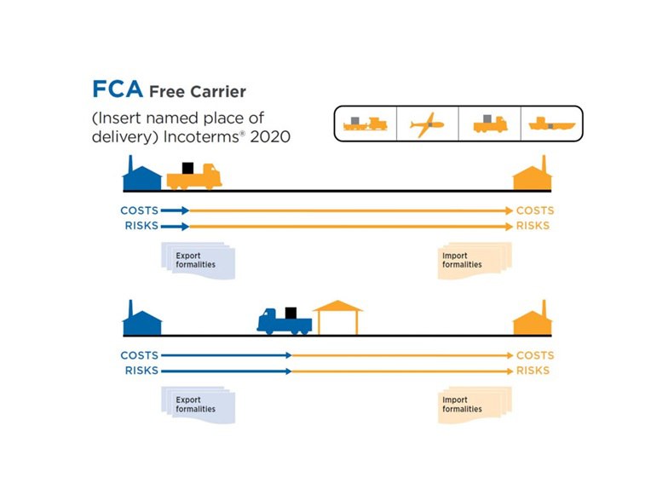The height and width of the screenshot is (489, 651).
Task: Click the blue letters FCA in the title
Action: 118,90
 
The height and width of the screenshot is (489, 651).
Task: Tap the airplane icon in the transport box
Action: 427,124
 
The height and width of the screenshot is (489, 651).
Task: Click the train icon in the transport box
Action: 366,124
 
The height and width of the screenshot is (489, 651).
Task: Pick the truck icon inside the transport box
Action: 489,124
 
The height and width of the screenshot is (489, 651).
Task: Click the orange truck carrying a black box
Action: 193,176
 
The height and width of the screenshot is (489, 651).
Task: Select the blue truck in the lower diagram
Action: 284,320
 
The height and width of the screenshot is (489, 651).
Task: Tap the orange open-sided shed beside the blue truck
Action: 337,316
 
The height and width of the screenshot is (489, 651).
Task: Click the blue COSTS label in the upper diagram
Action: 139,210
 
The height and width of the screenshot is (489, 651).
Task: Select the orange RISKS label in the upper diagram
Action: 533,227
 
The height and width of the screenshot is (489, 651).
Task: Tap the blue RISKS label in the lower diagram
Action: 141,371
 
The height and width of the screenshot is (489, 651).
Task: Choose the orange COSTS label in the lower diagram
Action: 534,355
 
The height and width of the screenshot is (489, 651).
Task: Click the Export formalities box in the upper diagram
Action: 197,260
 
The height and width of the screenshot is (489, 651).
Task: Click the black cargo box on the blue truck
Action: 291,313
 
